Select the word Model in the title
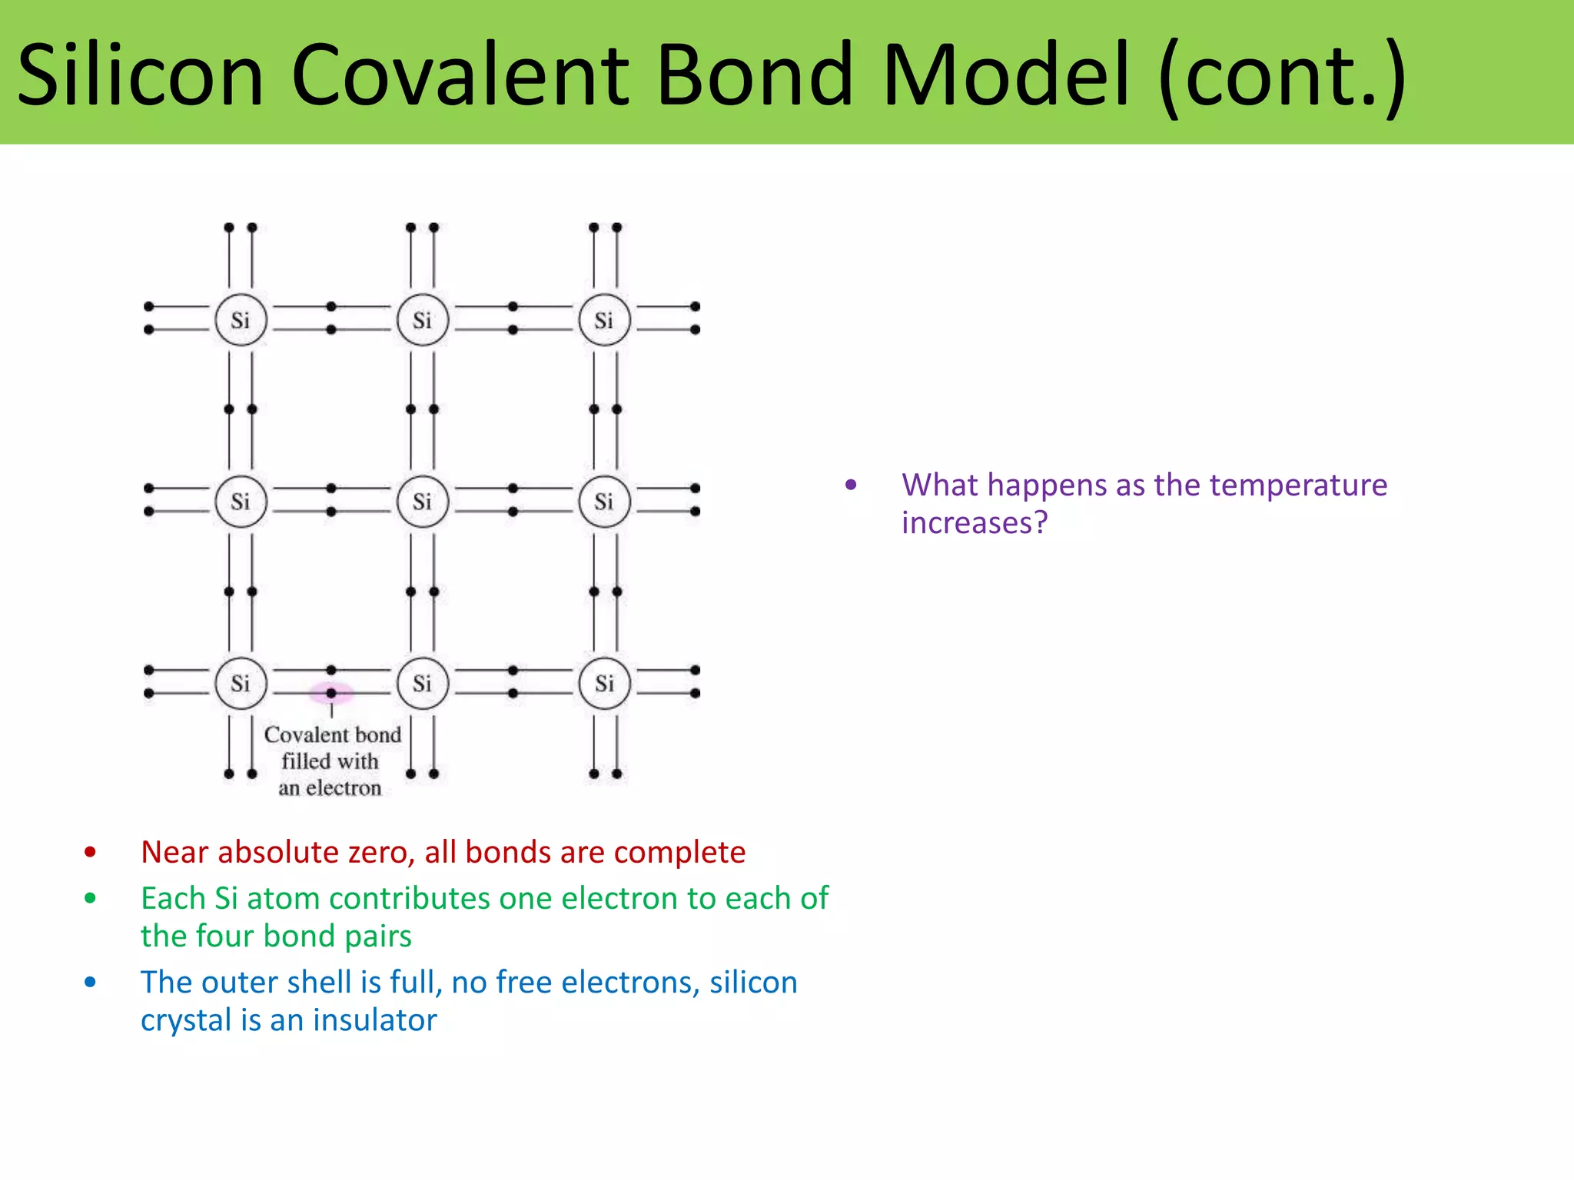(x=1006, y=75)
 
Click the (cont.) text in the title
(x=1283, y=75)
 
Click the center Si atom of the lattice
(x=422, y=502)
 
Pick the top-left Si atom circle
(x=241, y=320)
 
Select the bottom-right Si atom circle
(x=604, y=683)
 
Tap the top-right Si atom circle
(x=604, y=320)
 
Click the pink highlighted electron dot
(x=331, y=693)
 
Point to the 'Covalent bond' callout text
(x=332, y=735)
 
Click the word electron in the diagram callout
(x=343, y=788)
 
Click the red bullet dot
(x=91, y=852)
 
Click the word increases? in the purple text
(x=975, y=523)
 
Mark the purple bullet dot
(x=851, y=485)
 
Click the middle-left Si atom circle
(x=241, y=502)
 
